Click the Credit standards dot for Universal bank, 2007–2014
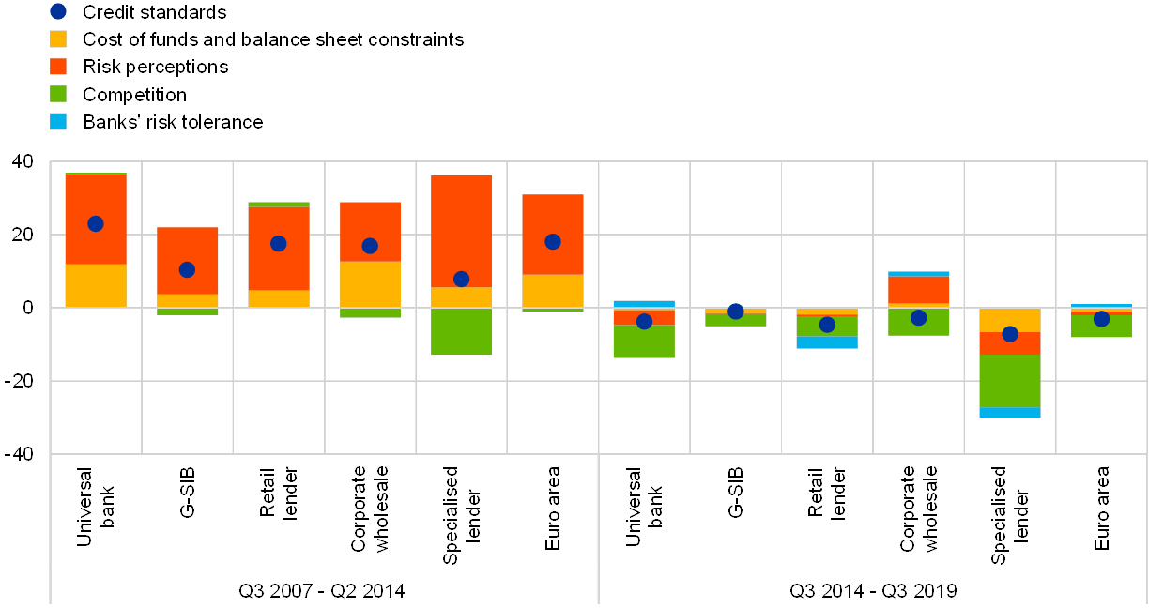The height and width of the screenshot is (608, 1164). pyautogui.click(x=95, y=223)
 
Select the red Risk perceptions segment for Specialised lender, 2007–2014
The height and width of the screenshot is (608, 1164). pyautogui.click(x=461, y=231)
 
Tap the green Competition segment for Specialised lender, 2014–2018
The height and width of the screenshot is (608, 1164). pyautogui.click(x=1010, y=380)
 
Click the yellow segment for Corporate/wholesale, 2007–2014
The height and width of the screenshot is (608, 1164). pyautogui.click(x=370, y=284)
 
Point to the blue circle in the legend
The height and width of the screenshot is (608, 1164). pyautogui.click(x=58, y=12)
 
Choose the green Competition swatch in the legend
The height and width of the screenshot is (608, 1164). pyautogui.click(x=58, y=94)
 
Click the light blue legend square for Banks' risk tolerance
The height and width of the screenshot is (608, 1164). pyautogui.click(x=58, y=121)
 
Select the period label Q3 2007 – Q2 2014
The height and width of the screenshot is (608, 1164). pyautogui.click(x=321, y=590)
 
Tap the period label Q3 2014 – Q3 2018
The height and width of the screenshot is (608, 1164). pyautogui.click(x=873, y=590)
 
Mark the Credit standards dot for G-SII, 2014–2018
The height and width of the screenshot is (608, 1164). pyautogui.click(x=736, y=312)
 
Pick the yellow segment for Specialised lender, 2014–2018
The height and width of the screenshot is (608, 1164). pyautogui.click(x=1010, y=320)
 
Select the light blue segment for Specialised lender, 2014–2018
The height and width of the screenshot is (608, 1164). pyautogui.click(x=1010, y=412)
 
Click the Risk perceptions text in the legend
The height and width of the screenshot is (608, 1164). pyautogui.click(x=155, y=67)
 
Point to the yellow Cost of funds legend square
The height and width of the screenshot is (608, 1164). pyautogui.click(x=58, y=39)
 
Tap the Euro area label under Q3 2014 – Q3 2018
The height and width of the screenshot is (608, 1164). pyautogui.click(x=1101, y=501)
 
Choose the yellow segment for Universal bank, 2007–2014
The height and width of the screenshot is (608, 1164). pyautogui.click(x=95, y=285)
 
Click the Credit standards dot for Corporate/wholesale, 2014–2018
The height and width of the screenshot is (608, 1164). pyautogui.click(x=919, y=317)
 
